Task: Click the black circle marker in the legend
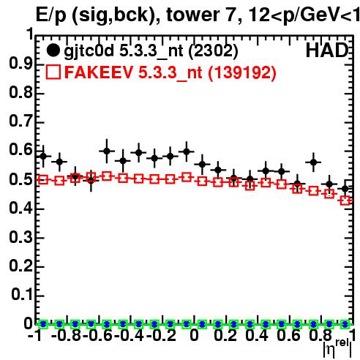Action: click(53, 50)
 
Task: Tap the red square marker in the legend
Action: click(53, 72)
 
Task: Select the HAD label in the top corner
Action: click(327, 50)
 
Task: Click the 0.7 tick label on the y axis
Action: click(20, 121)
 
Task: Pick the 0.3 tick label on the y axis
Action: click(20, 237)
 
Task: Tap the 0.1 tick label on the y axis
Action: click(21, 294)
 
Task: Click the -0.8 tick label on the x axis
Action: click(67, 335)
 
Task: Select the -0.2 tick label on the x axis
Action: click(161, 335)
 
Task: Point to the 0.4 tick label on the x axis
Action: click(256, 335)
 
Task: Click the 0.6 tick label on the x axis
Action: click(288, 335)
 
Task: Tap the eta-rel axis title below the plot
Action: click(338, 348)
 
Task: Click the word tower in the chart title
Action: click(192, 15)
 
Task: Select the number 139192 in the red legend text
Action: click(242, 72)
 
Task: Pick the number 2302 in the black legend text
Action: click(213, 50)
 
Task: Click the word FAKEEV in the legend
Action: click(99, 72)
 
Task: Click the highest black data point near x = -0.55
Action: click(107, 151)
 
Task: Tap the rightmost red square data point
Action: click(345, 201)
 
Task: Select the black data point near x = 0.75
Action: click(313, 162)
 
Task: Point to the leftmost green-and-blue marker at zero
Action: click(43, 324)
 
